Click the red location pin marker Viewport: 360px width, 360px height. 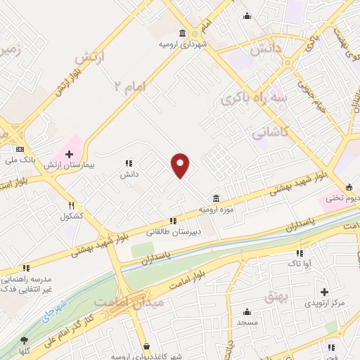(x=181, y=166)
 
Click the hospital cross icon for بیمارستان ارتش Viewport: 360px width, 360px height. (x=69, y=154)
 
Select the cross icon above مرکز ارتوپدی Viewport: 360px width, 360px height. (x=324, y=292)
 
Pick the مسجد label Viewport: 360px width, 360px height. (x=247, y=321)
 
